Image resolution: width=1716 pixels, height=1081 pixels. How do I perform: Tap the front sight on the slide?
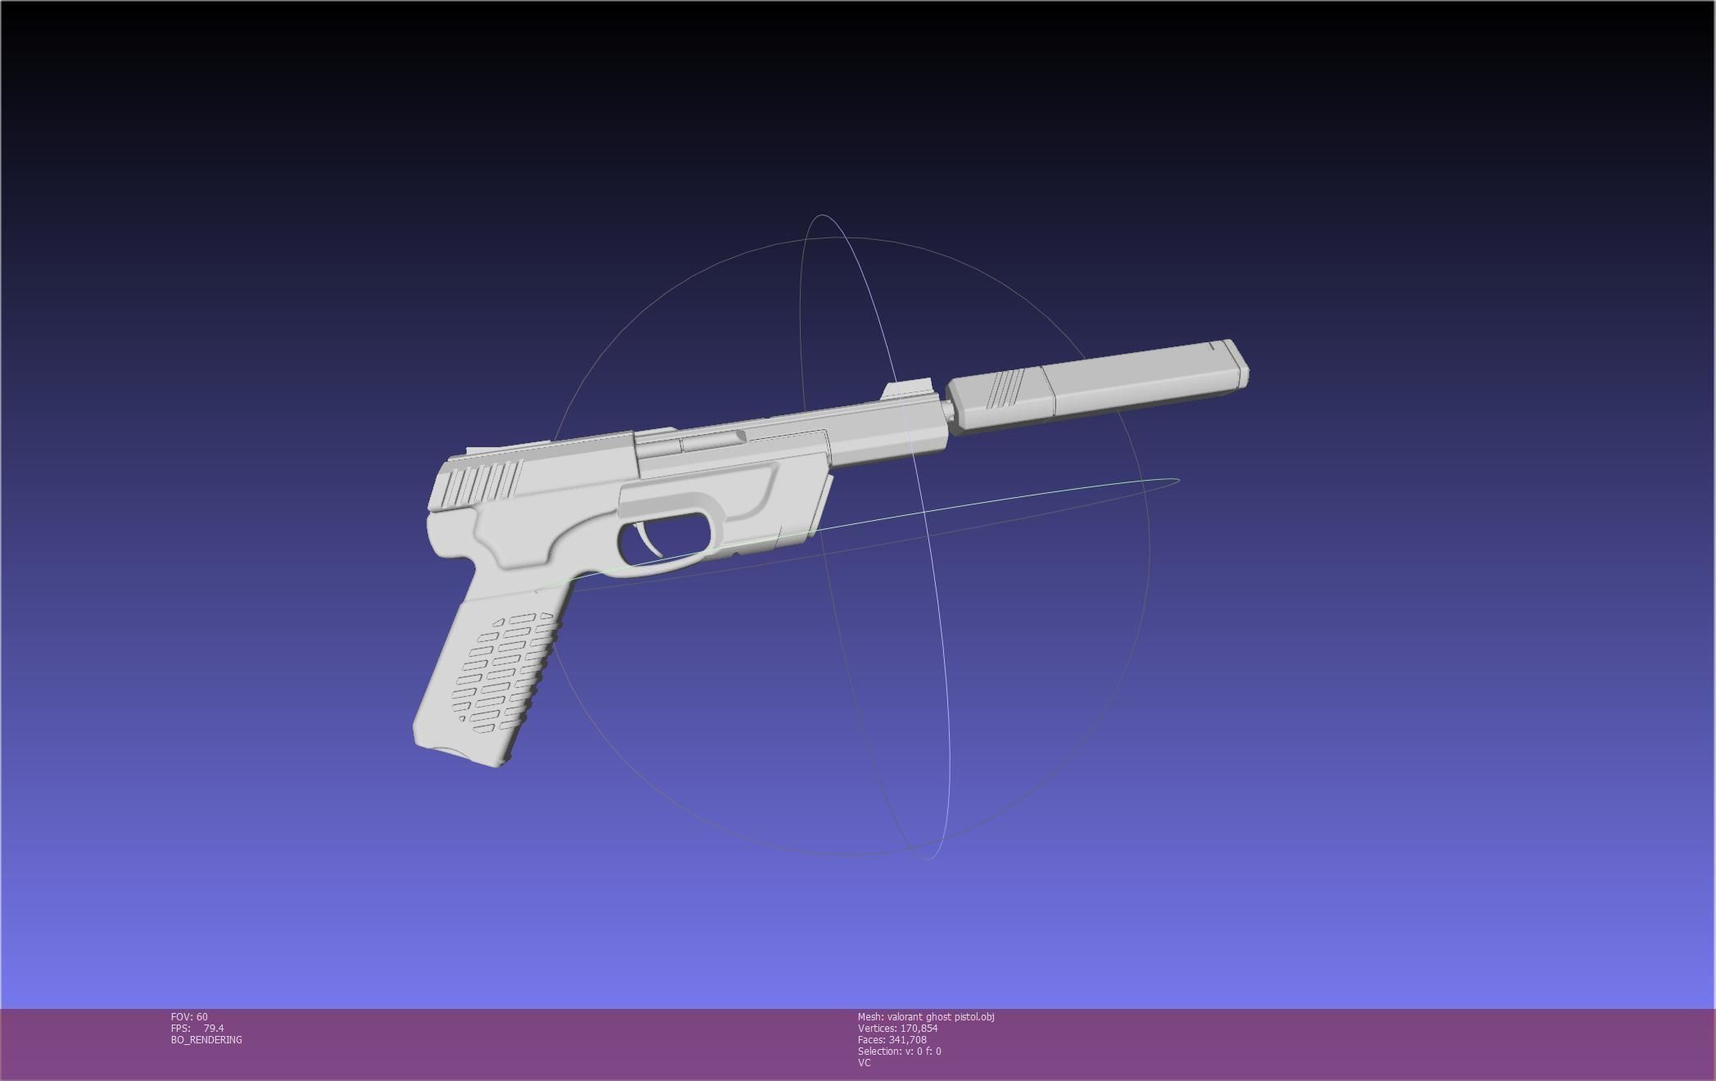(907, 389)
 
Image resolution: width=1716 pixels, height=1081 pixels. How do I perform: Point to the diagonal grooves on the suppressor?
(1003, 388)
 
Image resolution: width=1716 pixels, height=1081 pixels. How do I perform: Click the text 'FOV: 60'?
(189, 1017)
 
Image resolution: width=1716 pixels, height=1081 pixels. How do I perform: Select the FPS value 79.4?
(214, 1029)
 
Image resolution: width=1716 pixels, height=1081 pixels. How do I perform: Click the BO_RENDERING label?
(206, 1040)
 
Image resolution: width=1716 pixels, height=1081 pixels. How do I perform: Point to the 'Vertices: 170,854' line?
(897, 1029)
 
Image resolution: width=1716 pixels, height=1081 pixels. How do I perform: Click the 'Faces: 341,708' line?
(892, 1040)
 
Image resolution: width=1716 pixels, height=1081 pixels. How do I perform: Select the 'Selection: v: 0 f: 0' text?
(899, 1052)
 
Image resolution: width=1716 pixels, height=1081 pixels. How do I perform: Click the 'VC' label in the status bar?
(864, 1063)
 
